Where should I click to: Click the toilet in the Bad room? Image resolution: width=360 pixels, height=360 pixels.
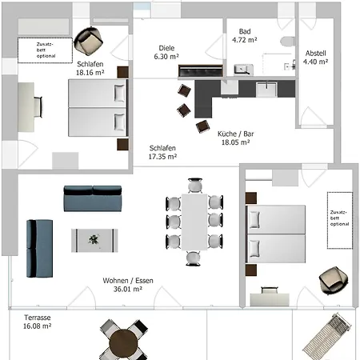click(x=287, y=42)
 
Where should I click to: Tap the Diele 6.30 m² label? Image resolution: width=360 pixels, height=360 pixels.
click(x=166, y=52)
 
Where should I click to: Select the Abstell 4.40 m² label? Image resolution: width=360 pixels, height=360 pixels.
click(x=315, y=58)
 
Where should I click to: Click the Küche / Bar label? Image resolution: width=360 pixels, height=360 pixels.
click(x=236, y=134)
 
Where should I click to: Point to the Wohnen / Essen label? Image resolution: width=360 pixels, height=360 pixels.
click(x=128, y=281)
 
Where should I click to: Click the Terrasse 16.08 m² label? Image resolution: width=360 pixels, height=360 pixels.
click(x=37, y=322)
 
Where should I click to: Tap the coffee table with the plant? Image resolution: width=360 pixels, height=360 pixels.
click(x=94, y=240)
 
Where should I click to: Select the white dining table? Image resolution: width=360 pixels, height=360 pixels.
click(x=194, y=222)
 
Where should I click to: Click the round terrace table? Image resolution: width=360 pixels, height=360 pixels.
click(x=123, y=343)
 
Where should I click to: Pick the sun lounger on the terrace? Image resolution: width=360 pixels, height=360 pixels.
click(x=327, y=336)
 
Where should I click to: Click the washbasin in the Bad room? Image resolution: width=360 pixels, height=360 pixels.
click(x=243, y=70)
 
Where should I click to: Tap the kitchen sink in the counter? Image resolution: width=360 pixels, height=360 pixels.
click(x=266, y=90)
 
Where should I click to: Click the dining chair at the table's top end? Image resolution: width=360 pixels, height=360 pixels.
click(x=195, y=185)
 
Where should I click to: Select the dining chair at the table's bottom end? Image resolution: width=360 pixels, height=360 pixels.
click(x=193, y=258)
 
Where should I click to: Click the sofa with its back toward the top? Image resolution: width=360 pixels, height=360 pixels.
click(x=93, y=198)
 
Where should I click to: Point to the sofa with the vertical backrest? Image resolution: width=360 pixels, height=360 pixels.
click(x=39, y=249)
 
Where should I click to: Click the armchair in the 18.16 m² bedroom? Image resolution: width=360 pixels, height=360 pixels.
click(x=88, y=42)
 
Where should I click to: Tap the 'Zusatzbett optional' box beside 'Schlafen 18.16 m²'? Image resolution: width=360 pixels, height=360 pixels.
click(x=45, y=50)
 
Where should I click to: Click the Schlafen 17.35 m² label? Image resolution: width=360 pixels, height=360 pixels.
click(x=162, y=152)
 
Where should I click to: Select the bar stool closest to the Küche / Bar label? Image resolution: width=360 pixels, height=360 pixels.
click(x=202, y=126)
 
